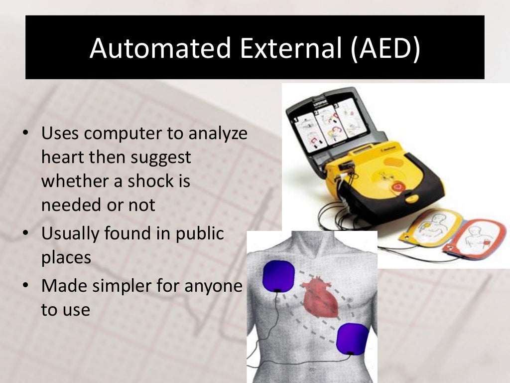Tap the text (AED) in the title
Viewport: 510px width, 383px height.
click(x=385, y=48)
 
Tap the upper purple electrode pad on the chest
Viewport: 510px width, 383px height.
click(x=279, y=277)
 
